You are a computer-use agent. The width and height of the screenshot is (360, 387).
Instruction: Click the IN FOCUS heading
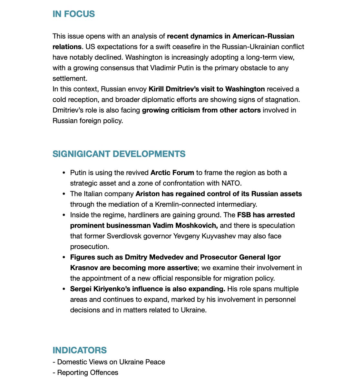73,14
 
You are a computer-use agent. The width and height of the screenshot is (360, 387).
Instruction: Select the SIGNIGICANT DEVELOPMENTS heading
119,154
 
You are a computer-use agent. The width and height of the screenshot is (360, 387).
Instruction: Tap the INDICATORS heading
80,350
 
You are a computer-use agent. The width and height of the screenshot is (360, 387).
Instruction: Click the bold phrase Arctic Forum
172,173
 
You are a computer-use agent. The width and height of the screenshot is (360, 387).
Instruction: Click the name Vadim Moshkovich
184,225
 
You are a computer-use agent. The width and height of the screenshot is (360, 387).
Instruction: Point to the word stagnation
282,99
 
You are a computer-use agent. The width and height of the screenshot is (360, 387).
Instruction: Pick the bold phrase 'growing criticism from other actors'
201,110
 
